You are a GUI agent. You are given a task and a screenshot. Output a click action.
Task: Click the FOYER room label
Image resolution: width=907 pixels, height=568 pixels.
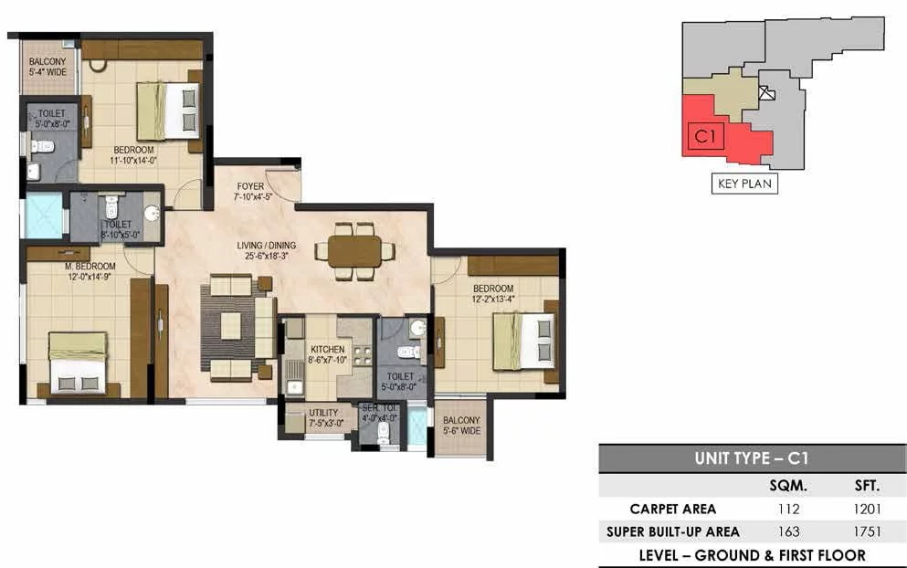250,187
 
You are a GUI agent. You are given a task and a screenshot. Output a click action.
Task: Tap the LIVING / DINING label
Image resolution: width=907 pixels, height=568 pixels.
267,246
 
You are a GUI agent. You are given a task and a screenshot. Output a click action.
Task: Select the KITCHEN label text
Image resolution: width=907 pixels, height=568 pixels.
327,350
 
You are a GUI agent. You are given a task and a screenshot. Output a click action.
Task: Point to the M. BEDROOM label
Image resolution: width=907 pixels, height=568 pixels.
90,267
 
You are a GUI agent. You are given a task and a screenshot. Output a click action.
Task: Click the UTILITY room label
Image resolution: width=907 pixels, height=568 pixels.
323,413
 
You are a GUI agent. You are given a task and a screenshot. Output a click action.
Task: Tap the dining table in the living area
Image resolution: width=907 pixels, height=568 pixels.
354,251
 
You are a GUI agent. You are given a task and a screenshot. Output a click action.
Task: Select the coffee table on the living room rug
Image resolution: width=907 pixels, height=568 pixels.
231,326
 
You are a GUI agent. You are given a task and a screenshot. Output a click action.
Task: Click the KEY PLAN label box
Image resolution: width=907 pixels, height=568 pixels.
744,184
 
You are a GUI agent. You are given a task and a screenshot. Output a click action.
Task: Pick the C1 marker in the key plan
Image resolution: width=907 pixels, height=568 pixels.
706,136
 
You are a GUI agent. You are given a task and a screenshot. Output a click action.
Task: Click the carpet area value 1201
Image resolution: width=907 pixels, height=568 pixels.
867,509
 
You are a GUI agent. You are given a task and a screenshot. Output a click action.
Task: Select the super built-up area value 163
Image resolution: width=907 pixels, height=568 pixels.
788,531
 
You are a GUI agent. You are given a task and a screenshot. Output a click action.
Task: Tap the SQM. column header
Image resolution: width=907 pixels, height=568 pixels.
788,486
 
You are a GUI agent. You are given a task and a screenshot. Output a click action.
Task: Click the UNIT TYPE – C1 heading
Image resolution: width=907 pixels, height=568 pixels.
752,458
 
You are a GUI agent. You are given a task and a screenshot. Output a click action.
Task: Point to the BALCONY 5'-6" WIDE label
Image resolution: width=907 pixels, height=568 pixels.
461,426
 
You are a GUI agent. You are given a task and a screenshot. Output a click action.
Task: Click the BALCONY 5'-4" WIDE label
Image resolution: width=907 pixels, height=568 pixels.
48,67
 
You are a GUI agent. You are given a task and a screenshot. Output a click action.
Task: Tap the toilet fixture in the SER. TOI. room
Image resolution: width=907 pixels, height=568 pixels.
383,434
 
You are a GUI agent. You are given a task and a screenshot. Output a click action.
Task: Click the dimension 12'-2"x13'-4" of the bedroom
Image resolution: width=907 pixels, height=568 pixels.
493,299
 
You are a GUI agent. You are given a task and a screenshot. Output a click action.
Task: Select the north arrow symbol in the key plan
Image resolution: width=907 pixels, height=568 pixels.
766,93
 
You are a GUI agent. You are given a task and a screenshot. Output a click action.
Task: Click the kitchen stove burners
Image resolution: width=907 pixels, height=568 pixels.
362,355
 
